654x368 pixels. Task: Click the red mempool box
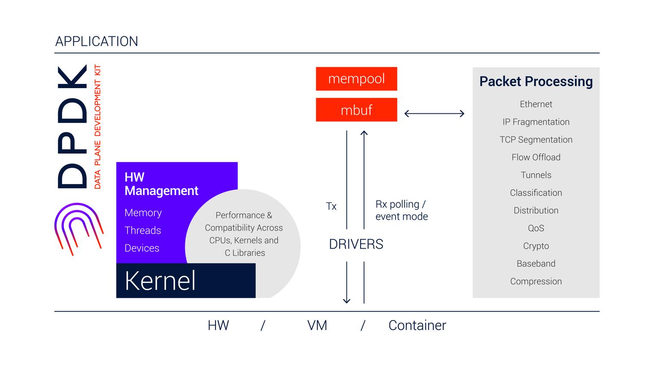click(356, 79)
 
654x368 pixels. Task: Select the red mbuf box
click(356, 110)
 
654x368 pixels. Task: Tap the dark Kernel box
click(186, 280)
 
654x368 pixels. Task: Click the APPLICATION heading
click(97, 42)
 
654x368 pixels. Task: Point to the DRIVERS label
click(356, 244)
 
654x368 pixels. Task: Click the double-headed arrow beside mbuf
click(434, 113)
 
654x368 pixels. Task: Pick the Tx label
click(331, 206)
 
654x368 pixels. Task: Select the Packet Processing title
click(536, 81)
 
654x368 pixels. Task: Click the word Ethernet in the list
click(536, 104)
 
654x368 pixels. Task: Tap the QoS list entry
click(536, 228)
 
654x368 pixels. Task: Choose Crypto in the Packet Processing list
click(536, 246)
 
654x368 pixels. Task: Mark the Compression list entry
click(536, 282)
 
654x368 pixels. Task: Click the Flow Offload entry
click(536, 157)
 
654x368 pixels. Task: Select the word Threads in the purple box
click(143, 231)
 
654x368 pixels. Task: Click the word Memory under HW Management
click(143, 213)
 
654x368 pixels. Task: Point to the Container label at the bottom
click(417, 325)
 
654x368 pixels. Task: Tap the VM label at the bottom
click(317, 325)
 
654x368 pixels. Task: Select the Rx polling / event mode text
click(402, 210)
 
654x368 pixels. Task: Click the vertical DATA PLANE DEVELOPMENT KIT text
click(98, 127)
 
